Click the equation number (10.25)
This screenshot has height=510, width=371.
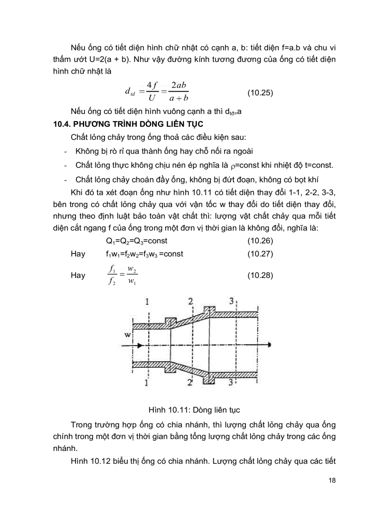tap(260, 93)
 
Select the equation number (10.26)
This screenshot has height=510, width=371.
tap(260, 240)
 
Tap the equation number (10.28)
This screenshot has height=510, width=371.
tap(260, 275)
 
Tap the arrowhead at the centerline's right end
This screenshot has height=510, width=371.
tap(270, 345)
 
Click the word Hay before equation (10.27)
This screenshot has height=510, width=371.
tap(78, 254)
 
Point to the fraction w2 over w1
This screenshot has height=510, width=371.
tap(132, 275)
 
